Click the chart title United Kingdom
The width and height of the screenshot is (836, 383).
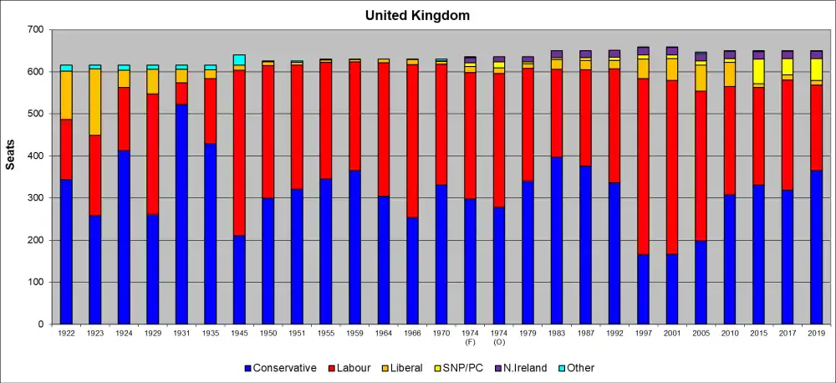click(x=418, y=15)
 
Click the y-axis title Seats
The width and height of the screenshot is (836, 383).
click(x=10, y=156)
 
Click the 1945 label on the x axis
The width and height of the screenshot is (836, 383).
click(x=239, y=333)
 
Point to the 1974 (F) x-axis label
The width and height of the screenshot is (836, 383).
click(x=470, y=336)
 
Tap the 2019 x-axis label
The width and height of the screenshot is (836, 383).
click(x=816, y=333)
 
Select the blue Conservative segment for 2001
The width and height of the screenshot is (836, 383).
click(x=672, y=289)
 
